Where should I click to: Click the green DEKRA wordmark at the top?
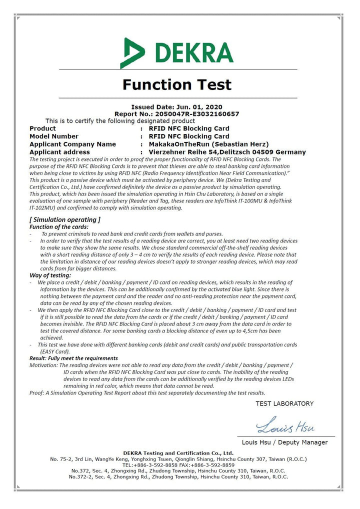(x=194, y=52)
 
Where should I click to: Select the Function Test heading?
(x=177, y=84)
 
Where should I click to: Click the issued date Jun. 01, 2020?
(x=198, y=107)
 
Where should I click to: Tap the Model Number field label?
(x=54, y=136)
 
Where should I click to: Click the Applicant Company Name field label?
(x=72, y=144)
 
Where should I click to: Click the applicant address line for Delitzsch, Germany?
(x=223, y=152)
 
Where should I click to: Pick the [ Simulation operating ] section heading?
(x=65, y=219)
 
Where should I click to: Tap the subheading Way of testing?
(x=50, y=275)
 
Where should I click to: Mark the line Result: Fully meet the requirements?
(x=73, y=358)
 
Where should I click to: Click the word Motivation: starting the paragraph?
(x=44, y=365)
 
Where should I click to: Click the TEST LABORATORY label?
(x=284, y=403)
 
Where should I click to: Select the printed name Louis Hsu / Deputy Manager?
(x=284, y=442)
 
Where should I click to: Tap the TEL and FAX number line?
(x=178, y=464)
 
